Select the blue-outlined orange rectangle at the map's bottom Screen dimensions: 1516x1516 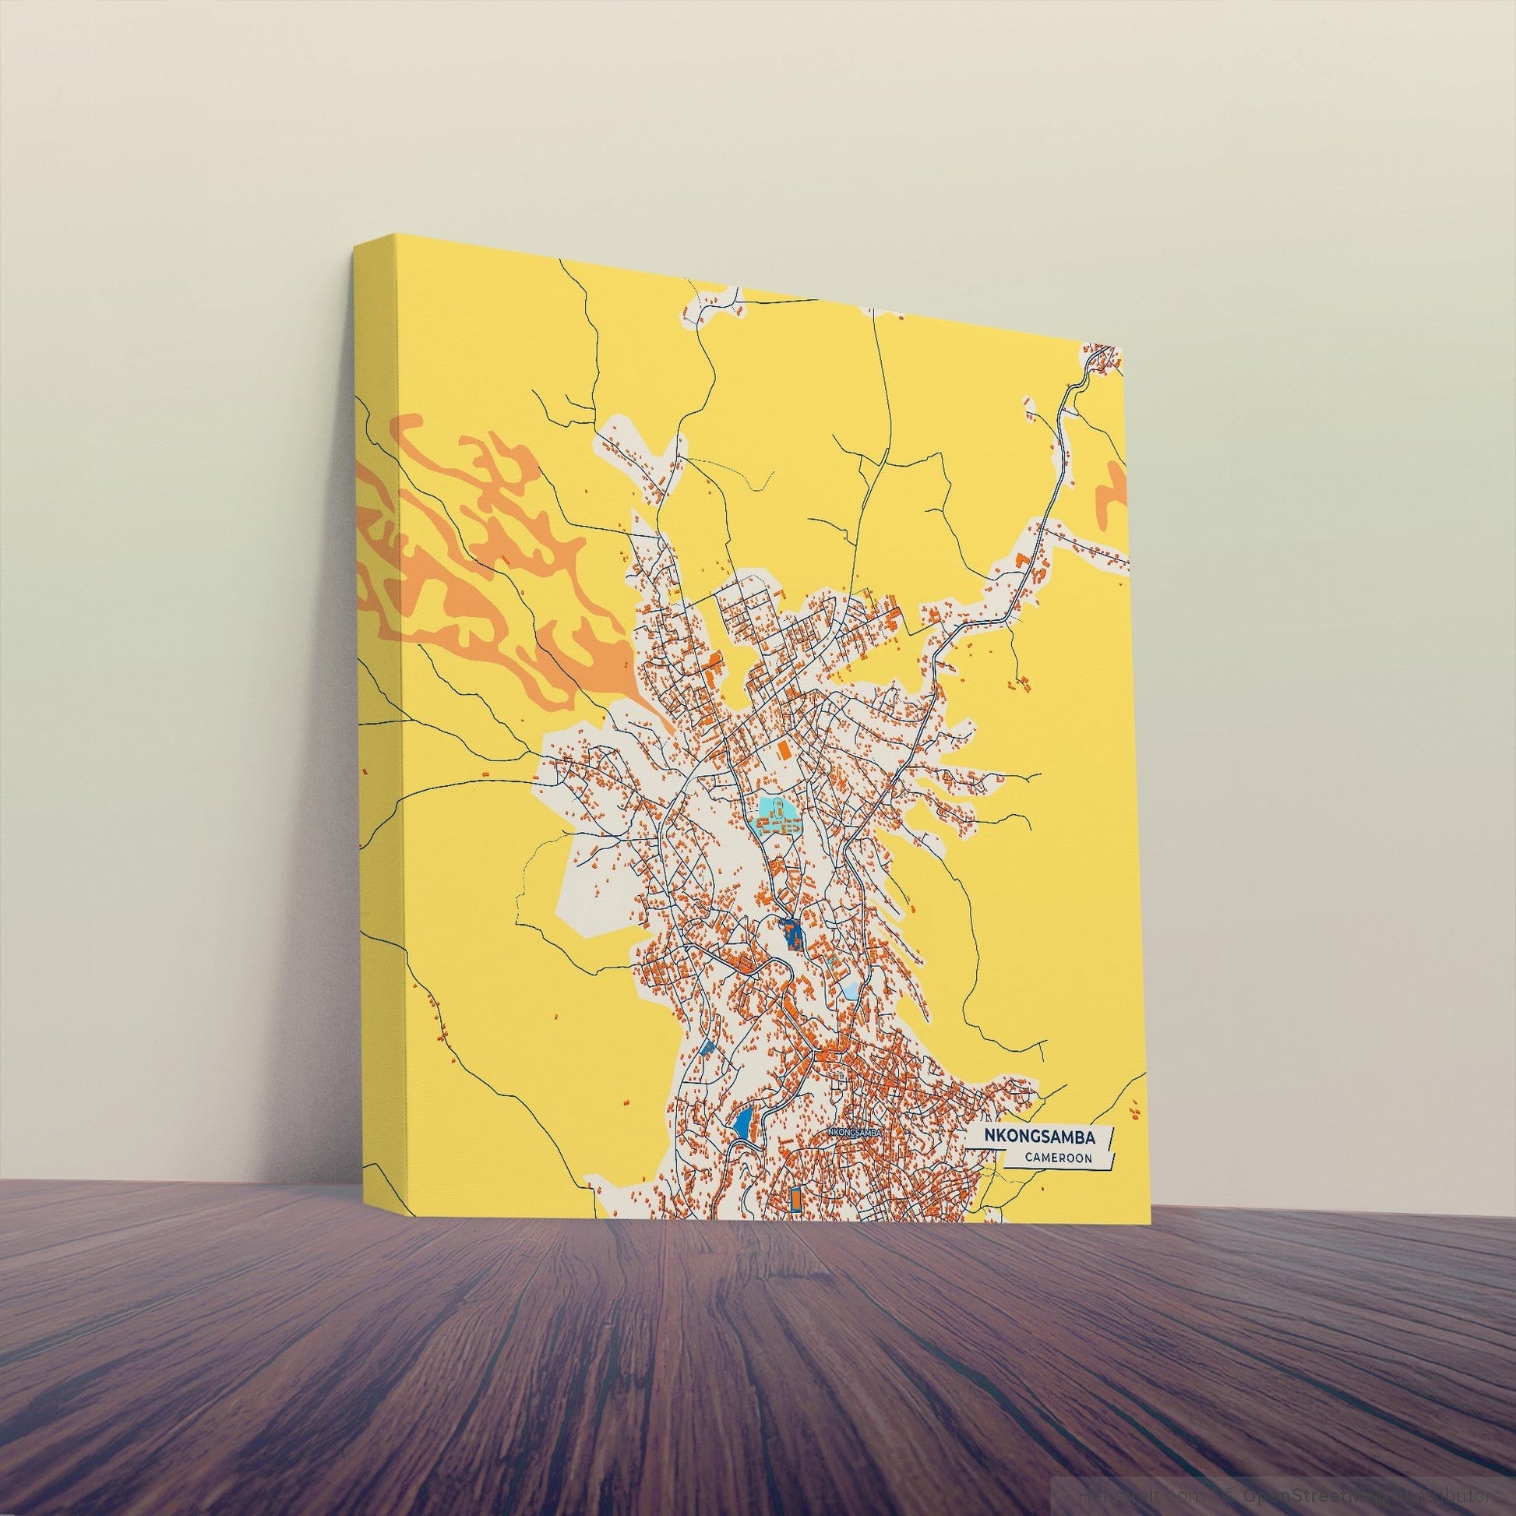(x=794, y=1220)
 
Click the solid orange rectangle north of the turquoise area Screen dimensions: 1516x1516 (x=782, y=746)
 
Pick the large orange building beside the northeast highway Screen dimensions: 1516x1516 (x=1021, y=559)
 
